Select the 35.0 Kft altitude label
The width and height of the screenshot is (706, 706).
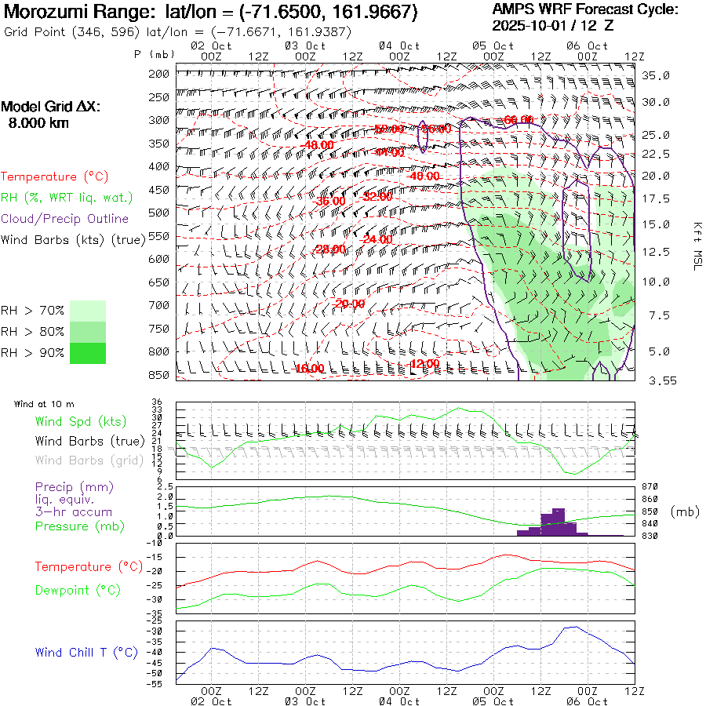click(x=656, y=75)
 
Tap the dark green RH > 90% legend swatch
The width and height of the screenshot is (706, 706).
click(x=88, y=353)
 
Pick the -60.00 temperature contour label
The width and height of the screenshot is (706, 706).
click(x=519, y=120)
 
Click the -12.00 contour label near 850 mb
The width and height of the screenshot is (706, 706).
click(x=424, y=364)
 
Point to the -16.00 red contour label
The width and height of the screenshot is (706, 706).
click(x=309, y=369)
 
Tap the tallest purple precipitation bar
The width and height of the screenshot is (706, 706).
click(x=559, y=522)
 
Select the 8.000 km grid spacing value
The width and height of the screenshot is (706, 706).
click(x=38, y=122)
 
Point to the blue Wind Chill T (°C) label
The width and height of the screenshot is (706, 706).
click(x=86, y=652)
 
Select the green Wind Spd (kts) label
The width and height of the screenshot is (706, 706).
click(x=81, y=421)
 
